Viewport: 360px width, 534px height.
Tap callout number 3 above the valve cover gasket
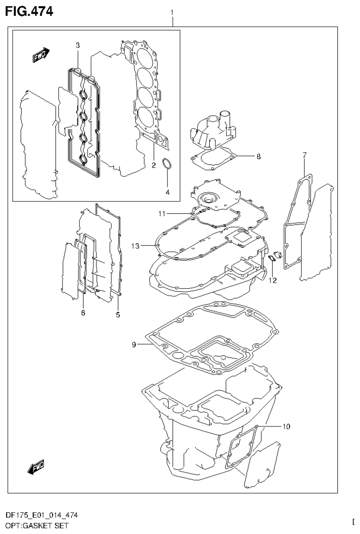coord(78,45)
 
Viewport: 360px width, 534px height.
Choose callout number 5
coord(118,315)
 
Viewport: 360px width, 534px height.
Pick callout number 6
coord(83,313)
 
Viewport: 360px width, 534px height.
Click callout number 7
coord(304,155)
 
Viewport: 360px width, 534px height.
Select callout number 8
coord(258,157)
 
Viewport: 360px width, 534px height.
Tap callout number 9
coord(134,345)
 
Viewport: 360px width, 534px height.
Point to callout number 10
coord(286,426)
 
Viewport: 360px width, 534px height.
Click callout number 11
coord(161,214)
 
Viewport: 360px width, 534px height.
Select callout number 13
coord(136,245)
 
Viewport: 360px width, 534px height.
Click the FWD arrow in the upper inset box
coord(41,55)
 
